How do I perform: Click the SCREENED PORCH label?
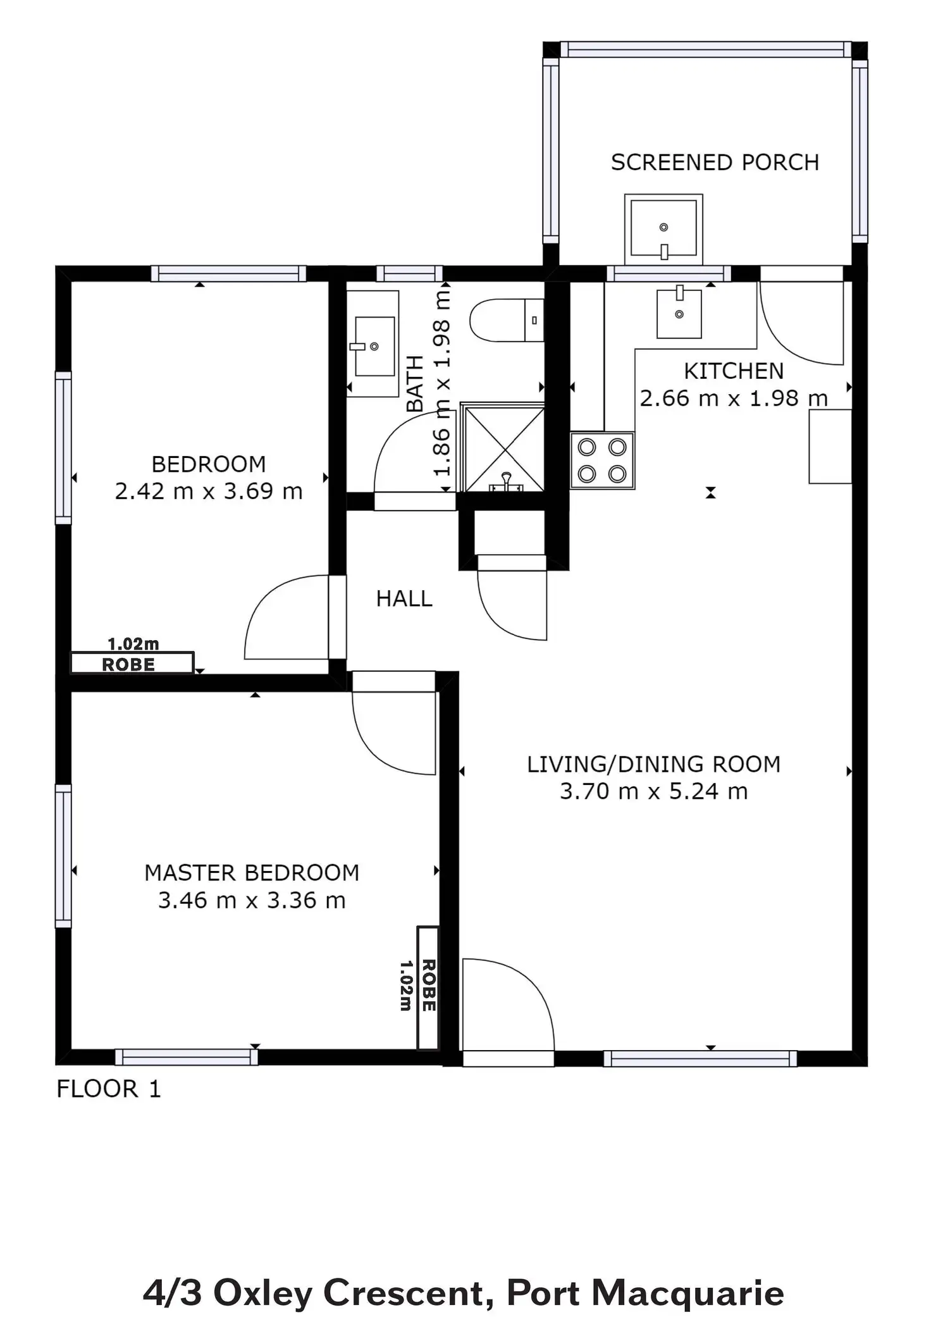tap(715, 163)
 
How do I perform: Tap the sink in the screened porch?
tap(663, 229)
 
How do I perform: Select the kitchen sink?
tap(679, 312)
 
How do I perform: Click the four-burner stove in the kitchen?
tap(602, 461)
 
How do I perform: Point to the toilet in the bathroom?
tap(507, 320)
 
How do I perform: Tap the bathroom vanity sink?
tap(374, 345)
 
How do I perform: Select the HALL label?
tap(404, 598)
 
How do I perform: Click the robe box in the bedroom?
tap(132, 663)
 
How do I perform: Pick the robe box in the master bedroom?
tap(428, 988)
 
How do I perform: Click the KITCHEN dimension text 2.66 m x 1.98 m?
tap(734, 399)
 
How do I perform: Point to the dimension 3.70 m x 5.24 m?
tap(654, 791)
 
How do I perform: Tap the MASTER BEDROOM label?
tap(252, 873)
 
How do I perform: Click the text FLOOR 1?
tap(109, 1089)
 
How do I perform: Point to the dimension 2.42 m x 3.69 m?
tap(209, 492)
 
